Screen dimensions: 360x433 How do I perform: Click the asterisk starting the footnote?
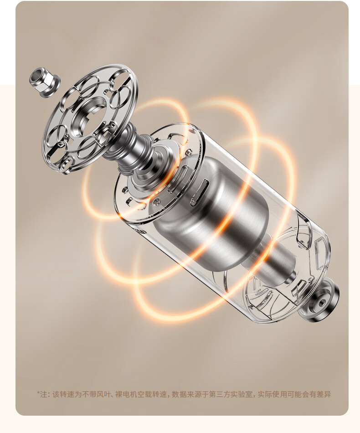[38, 392]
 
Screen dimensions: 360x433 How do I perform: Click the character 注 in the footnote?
[44, 394]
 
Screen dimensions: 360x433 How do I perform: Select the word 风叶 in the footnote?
[104, 394]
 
